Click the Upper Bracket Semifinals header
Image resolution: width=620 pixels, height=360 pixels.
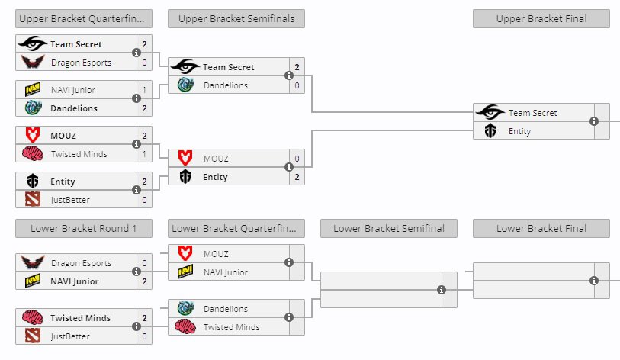[x=236, y=19]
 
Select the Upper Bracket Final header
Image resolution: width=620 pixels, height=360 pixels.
[x=541, y=19]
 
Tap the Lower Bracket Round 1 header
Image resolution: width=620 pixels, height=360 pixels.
[x=83, y=228]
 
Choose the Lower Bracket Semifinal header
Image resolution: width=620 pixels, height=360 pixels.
[x=388, y=228]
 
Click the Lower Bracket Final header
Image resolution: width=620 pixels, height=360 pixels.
[x=541, y=228]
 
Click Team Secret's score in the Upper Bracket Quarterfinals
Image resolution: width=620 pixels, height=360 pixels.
[x=144, y=44]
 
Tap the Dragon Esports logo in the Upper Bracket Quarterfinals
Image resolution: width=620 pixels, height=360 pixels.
[x=33, y=63]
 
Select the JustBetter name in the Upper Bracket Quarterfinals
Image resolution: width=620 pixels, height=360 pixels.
[x=70, y=200]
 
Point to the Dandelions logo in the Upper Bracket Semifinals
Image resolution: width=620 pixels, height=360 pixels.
[x=185, y=85]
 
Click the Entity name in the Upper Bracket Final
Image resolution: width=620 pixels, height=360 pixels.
[x=519, y=131]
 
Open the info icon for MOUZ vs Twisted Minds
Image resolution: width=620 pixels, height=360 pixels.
[x=137, y=144]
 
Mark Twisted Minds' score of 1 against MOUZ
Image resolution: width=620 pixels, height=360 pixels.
[x=144, y=154]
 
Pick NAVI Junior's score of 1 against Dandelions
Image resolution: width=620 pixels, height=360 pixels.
[x=144, y=90]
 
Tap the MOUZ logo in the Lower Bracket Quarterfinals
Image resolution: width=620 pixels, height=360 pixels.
[x=185, y=253]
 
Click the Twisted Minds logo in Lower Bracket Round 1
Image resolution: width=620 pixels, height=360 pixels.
[x=33, y=318]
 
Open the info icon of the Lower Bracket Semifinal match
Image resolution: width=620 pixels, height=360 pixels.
[x=442, y=290]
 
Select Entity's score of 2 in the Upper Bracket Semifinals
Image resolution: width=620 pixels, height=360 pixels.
[x=297, y=177]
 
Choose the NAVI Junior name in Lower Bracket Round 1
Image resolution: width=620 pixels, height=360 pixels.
[x=75, y=281]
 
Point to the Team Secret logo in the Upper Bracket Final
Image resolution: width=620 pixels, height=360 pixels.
[x=490, y=113]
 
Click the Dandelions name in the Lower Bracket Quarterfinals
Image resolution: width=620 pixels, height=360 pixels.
[x=225, y=309]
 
